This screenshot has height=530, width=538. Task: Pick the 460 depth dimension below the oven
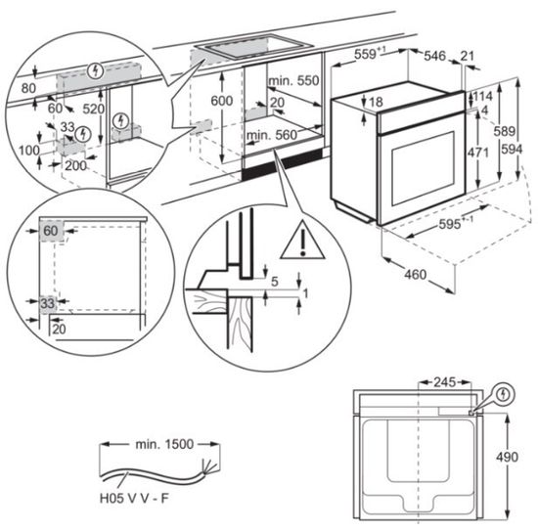(416, 275)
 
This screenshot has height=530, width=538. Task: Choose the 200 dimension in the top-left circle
(76, 166)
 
